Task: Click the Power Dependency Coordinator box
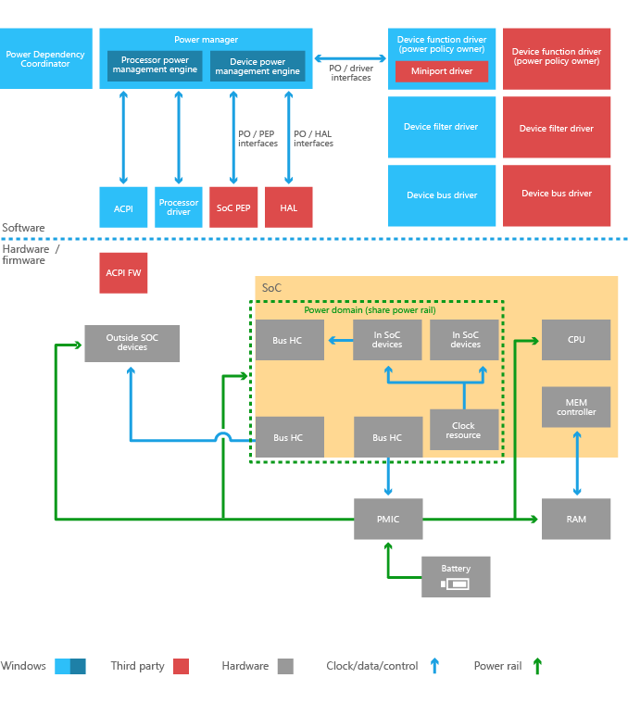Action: point(45,58)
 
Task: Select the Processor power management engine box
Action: point(155,66)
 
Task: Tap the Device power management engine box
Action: point(257,66)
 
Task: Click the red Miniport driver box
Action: point(442,71)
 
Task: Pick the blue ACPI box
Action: point(123,207)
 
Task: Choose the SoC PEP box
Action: point(233,207)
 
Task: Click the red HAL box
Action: point(289,207)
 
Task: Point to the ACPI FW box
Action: point(123,272)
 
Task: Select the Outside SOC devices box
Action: point(132,343)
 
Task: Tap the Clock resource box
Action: point(463,430)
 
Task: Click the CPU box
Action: point(576,340)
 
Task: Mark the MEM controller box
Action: point(576,407)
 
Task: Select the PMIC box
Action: point(388,519)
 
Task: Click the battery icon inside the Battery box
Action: point(456,584)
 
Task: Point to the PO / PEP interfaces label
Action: point(257,139)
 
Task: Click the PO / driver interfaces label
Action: point(351,72)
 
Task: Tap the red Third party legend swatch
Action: point(181,666)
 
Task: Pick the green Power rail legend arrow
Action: point(537,665)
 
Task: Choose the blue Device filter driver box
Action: point(442,127)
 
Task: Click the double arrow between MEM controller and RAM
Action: point(577,463)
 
